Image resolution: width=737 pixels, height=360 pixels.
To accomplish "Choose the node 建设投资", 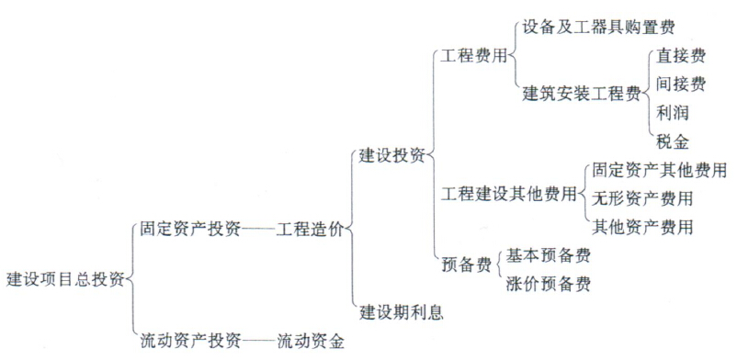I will point(391,155).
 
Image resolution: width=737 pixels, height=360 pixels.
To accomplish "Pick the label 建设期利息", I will point(400,312).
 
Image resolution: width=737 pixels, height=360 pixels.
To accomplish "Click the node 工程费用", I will point(474,56).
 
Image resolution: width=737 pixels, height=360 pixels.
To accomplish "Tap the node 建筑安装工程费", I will point(581,94).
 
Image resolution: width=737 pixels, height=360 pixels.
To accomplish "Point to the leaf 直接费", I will point(681,56).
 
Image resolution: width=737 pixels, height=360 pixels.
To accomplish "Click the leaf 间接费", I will point(681,84).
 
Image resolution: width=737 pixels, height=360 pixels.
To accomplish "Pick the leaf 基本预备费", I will point(548,255).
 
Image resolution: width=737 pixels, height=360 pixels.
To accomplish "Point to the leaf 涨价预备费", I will point(548,283).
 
